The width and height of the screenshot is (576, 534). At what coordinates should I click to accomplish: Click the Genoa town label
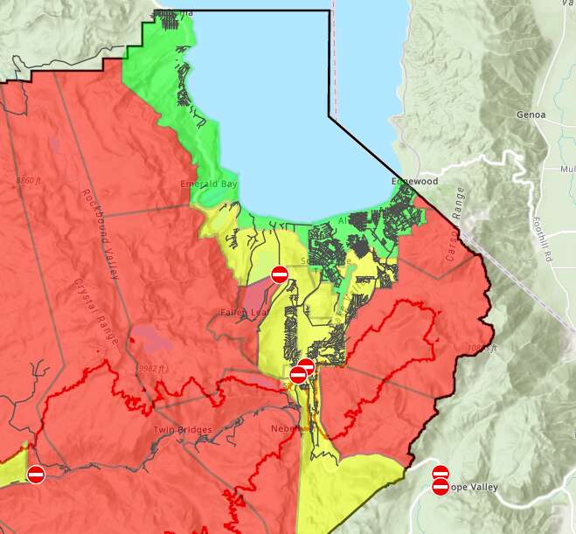tap(531, 114)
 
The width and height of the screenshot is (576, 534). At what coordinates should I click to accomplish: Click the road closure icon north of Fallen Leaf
tap(280, 274)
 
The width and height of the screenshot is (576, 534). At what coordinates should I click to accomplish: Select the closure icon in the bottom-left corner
tap(36, 475)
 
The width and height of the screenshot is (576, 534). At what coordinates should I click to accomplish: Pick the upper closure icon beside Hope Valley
tap(441, 473)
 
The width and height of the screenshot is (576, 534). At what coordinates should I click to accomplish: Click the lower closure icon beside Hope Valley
tap(441, 487)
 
